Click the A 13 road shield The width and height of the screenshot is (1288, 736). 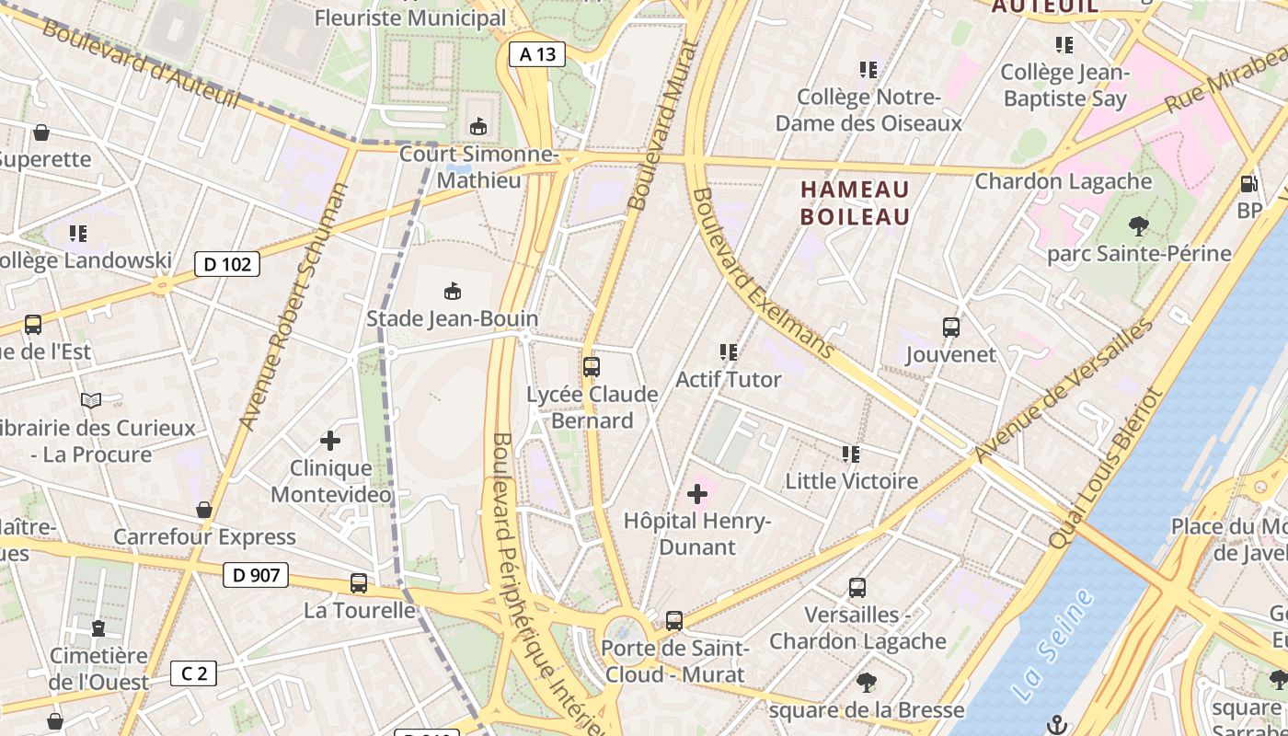point(537,54)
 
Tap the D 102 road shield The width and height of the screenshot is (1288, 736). point(227,265)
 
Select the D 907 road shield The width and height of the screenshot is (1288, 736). point(256,576)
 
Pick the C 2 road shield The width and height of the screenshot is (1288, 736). point(193,673)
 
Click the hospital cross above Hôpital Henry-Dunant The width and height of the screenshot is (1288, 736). point(697,494)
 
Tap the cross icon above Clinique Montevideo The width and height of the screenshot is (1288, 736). point(330,442)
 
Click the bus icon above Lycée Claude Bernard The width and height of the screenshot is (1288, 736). point(592,367)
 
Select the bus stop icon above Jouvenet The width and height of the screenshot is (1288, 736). point(951,327)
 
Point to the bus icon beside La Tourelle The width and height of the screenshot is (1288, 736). point(359,582)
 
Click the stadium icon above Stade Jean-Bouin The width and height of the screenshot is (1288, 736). point(452,292)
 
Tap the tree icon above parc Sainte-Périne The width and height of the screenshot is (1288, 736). point(1138,225)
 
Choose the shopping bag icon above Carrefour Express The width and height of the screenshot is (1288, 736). point(204,510)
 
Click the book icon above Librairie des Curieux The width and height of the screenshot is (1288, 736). point(90,400)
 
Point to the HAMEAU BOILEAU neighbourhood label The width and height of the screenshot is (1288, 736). point(855,203)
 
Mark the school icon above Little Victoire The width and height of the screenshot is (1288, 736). point(851,454)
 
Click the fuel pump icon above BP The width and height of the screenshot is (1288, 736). point(1248,184)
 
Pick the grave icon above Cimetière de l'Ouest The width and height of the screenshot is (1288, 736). point(98,628)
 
